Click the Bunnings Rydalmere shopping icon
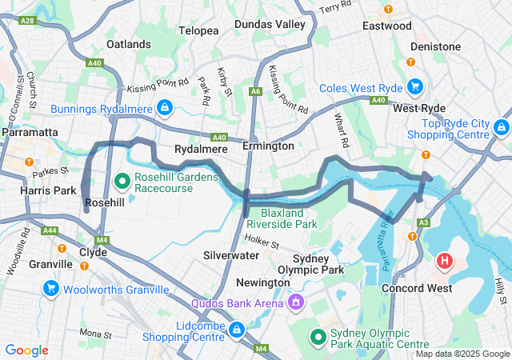163,107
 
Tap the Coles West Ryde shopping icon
414,86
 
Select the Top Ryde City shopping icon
502,127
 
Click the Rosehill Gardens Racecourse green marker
122,182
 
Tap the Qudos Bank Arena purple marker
296,302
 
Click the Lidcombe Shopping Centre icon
237,330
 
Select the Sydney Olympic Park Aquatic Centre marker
318,338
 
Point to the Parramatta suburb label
30,131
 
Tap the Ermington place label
268,146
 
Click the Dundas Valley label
270,25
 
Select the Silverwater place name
230,255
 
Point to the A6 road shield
255,92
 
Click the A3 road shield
424,222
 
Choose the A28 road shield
26,20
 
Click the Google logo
26,350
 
